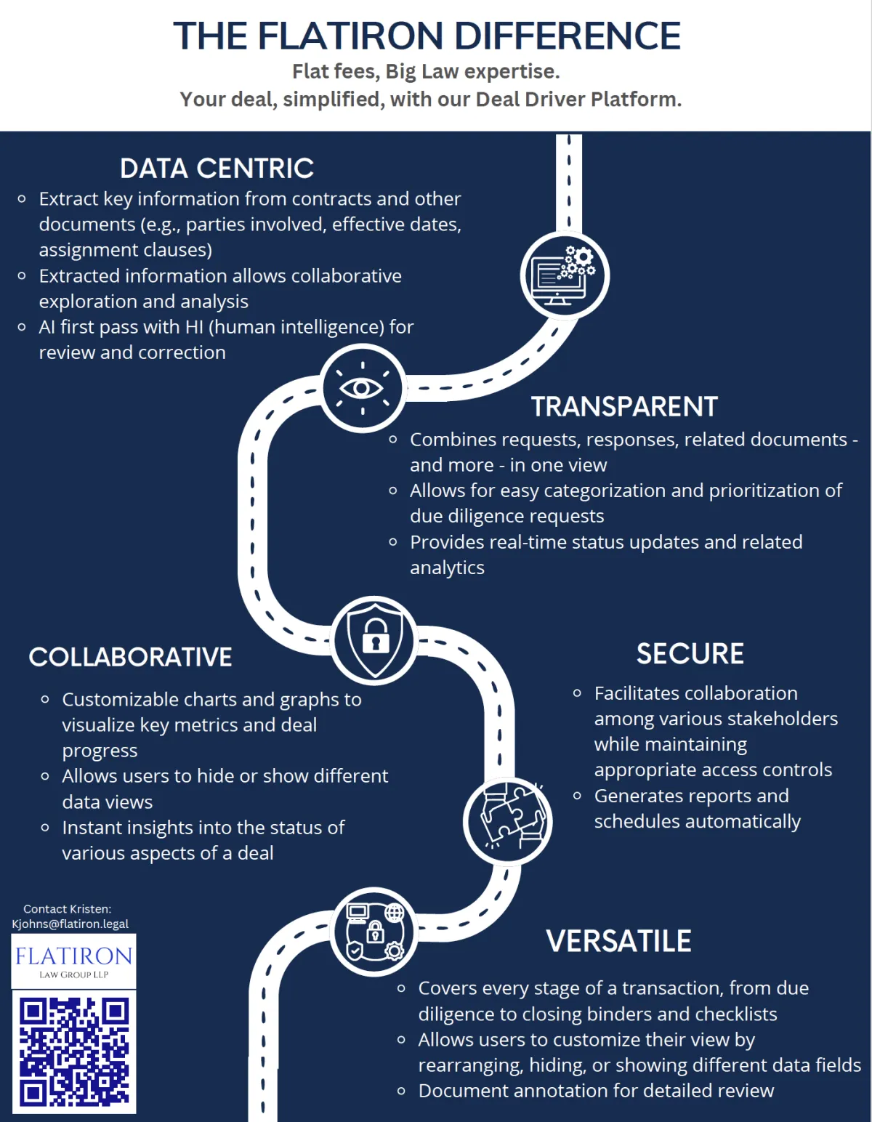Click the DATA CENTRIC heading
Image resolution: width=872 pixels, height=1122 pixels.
(x=217, y=169)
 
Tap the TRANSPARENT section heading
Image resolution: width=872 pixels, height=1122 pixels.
(x=625, y=406)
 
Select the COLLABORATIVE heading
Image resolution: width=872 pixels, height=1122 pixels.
(x=130, y=658)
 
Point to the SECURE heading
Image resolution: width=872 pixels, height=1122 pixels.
(x=690, y=654)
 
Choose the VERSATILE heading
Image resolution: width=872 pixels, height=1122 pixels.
(x=618, y=941)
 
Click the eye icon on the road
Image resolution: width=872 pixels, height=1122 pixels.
(x=363, y=388)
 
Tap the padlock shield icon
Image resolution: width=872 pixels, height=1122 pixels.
(x=374, y=641)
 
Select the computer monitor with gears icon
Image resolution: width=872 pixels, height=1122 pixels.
(x=565, y=275)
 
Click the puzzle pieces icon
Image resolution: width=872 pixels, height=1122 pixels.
(x=507, y=821)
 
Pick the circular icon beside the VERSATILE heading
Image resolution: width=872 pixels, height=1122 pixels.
(x=374, y=932)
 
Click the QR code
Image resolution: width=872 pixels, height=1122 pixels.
(x=74, y=1051)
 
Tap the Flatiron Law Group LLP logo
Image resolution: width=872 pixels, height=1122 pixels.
(x=74, y=961)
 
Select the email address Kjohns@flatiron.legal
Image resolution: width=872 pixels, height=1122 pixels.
(x=70, y=924)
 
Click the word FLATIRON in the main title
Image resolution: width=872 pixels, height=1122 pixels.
(x=350, y=36)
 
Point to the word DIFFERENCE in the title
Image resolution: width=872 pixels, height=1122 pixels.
(x=568, y=36)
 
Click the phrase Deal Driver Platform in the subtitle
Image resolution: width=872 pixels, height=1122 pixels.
(x=578, y=99)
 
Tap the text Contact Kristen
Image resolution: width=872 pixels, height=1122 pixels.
(x=67, y=909)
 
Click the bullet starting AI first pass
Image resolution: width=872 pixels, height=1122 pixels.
(x=217, y=340)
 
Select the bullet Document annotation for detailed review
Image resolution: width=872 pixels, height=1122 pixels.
(x=586, y=1091)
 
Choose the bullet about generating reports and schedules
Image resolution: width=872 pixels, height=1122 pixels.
(x=687, y=809)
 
